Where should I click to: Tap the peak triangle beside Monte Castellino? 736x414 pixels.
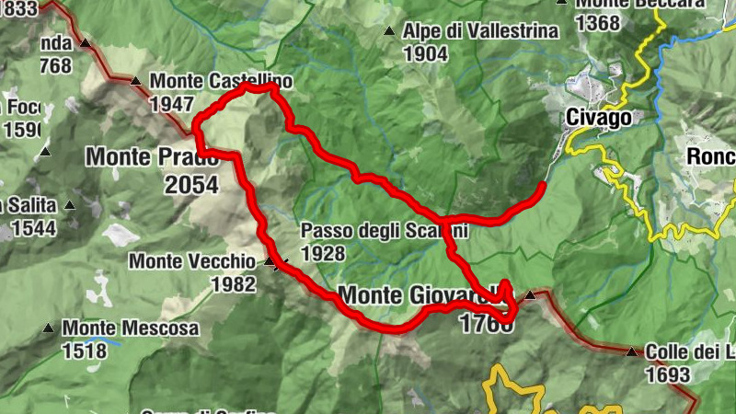coord(136,81)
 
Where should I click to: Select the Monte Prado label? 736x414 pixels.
coord(152,156)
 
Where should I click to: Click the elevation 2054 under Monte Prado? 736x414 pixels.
coord(191,185)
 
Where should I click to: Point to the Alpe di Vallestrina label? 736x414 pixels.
coord(480,31)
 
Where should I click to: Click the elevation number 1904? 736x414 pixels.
coord(425,53)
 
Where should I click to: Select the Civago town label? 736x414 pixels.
coord(599,118)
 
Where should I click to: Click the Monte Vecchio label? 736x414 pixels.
coord(193,261)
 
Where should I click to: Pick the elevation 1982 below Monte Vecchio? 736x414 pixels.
coord(233,284)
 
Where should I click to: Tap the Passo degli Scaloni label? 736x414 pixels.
coord(385,231)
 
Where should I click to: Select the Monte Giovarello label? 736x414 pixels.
coord(423,296)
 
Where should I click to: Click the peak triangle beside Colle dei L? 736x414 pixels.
coord(631,351)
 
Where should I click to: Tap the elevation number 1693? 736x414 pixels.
coord(668,374)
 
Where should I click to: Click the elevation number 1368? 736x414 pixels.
coord(597,23)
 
